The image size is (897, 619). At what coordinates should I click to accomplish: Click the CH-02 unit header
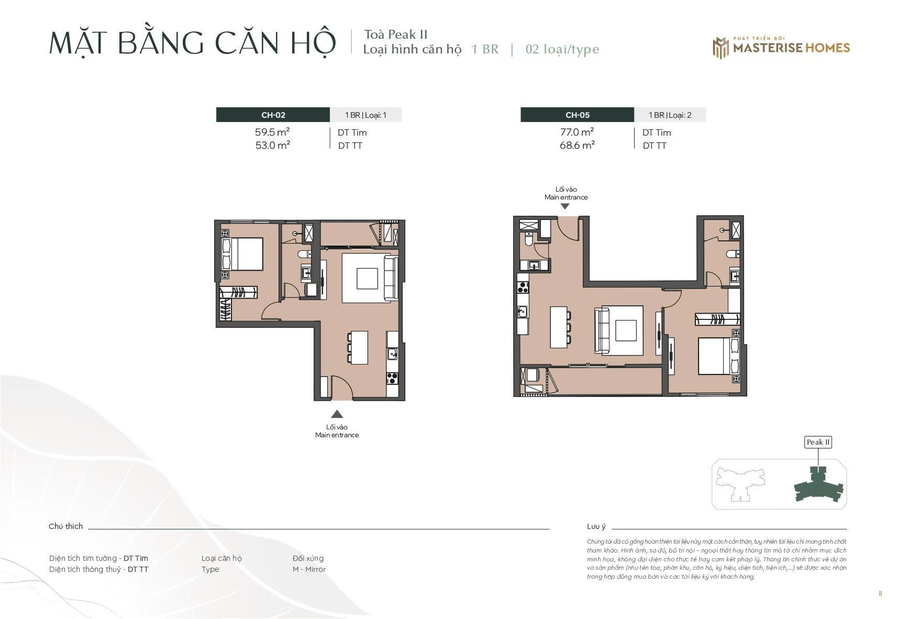click(x=273, y=115)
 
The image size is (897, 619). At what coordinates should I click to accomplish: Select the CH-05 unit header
click(x=577, y=115)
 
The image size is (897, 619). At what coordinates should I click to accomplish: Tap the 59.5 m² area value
click(x=272, y=132)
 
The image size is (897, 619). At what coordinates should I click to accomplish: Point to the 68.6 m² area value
click(x=577, y=145)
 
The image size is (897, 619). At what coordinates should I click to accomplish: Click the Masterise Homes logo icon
click(x=721, y=48)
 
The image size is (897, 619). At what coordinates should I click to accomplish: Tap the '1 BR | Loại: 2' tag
click(x=670, y=115)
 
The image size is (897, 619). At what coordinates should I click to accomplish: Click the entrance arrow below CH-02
click(x=337, y=414)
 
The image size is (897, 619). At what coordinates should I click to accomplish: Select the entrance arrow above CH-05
click(x=564, y=207)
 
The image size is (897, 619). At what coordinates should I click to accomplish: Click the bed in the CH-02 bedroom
click(x=242, y=254)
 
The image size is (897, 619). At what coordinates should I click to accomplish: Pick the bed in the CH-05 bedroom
click(x=719, y=356)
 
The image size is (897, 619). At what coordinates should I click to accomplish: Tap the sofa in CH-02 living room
click(x=391, y=278)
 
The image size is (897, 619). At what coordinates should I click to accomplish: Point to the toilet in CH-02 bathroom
click(x=305, y=254)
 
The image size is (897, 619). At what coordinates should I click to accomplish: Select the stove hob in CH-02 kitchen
click(x=392, y=378)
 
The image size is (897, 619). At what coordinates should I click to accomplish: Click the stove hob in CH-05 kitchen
click(x=523, y=287)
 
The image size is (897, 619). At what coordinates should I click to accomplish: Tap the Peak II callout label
click(x=818, y=442)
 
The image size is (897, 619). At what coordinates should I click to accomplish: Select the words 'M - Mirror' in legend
click(x=309, y=569)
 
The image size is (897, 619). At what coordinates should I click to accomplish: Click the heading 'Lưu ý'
click(x=596, y=526)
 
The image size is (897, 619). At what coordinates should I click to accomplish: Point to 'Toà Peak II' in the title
click(x=396, y=35)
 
